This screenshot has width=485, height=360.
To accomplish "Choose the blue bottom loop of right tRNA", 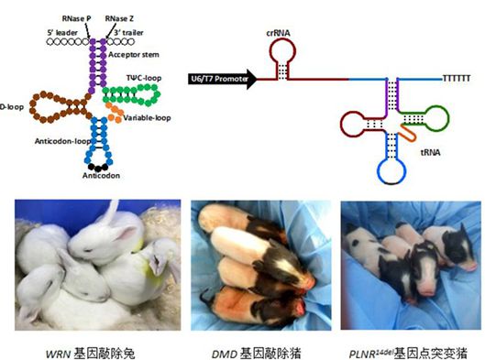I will (392, 168).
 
